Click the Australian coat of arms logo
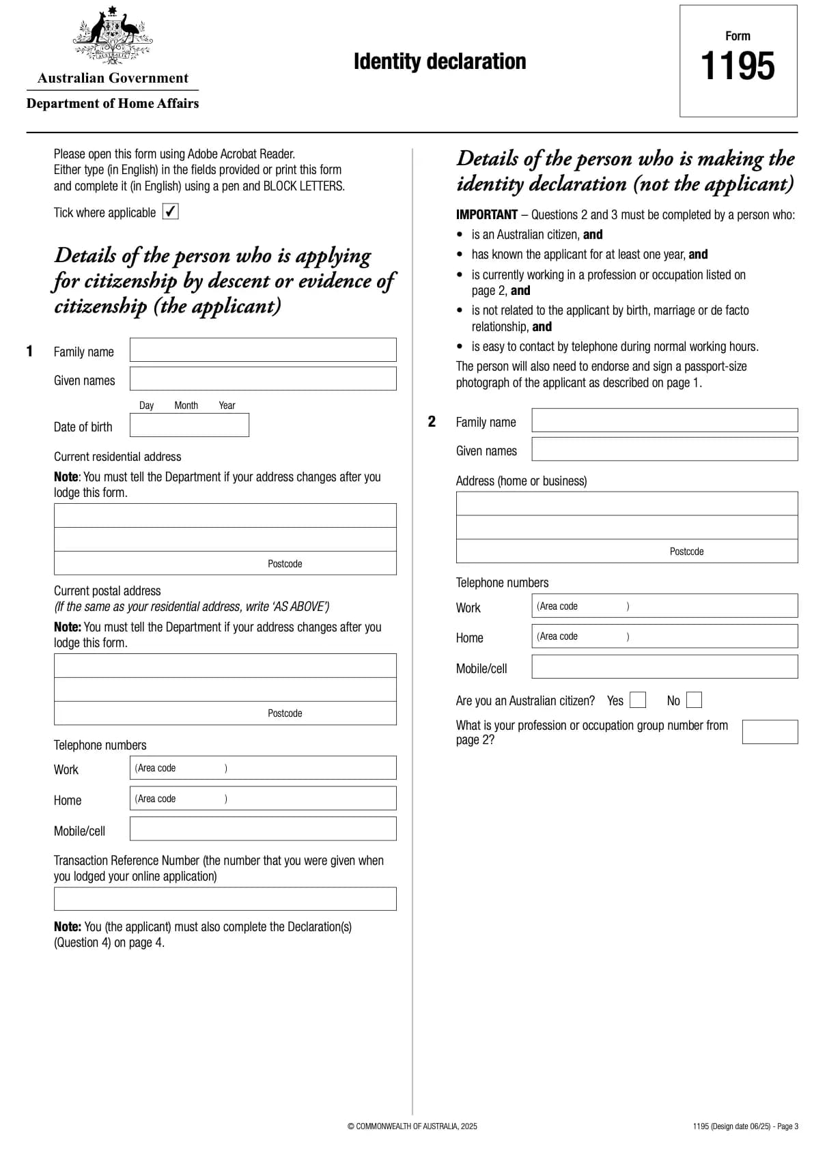click(113, 35)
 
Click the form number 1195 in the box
click(738, 66)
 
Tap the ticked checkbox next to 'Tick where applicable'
click(171, 212)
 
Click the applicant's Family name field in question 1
click(263, 350)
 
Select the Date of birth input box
click(189, 425)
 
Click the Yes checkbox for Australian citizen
click(638, 700)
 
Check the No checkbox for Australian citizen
click(694, 700)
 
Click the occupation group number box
click(770, 732)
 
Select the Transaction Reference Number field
click(225, 898)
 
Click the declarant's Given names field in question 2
click(664, 449)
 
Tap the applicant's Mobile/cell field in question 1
click(263, 829)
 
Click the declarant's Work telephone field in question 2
click(664, 606)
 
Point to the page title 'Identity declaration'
click(440, 61)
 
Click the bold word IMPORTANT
click(486, 215)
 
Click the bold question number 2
click(432, 421)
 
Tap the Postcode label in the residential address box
click(285, 564)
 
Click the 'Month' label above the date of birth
click(186, 406)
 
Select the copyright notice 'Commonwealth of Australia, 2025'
click(412, 1126)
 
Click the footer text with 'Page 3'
click(745, 1126)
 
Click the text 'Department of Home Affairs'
click(113, 104)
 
